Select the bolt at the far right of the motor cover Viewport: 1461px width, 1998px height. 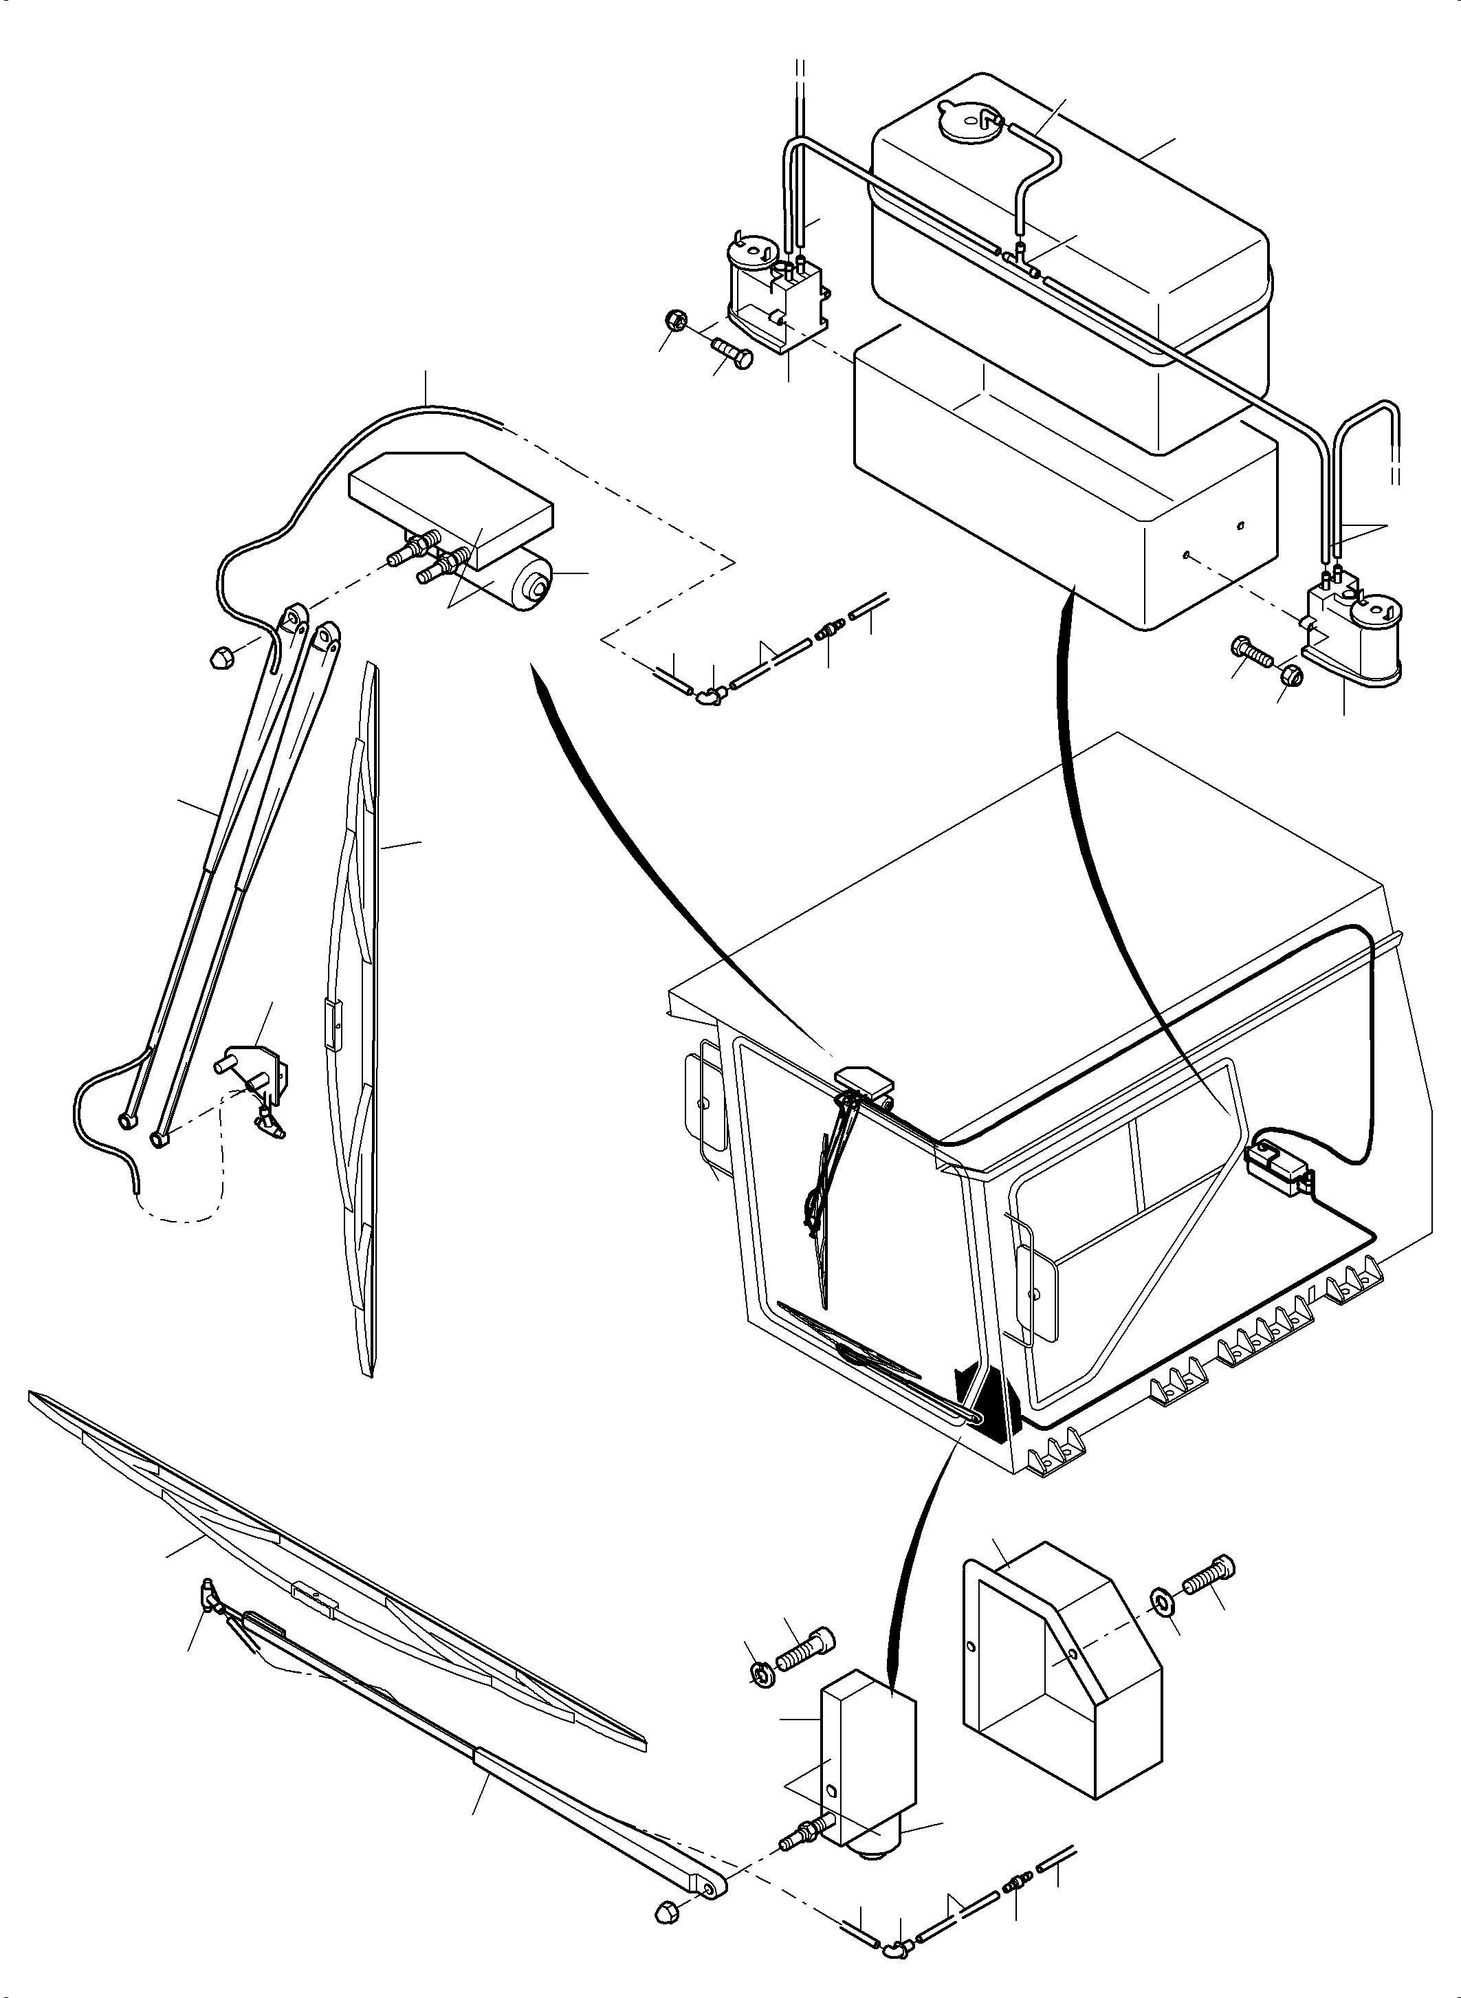(x=1209, y=1575)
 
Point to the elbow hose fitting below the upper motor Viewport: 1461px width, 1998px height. (x=708, y=697)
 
